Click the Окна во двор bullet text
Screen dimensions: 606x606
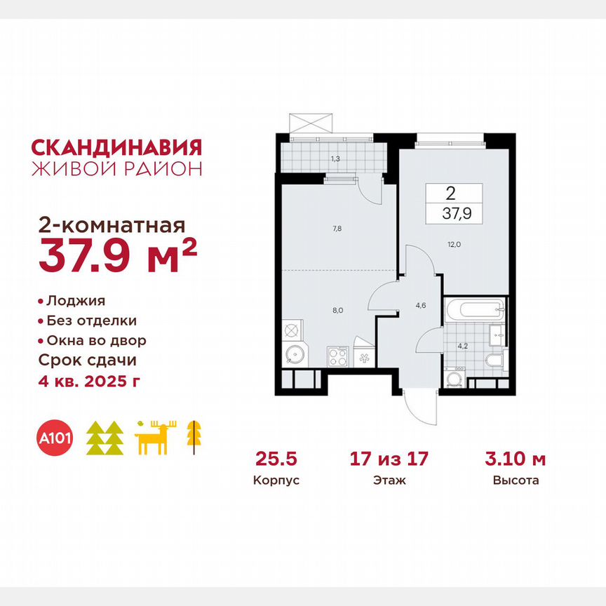tap(96, 341)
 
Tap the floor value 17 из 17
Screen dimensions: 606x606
tap(390, 459)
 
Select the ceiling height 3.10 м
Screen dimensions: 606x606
tap(515, 459)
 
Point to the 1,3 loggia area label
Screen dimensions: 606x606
tap(335, 159)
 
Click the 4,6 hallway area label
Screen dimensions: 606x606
tap(421, 305)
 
